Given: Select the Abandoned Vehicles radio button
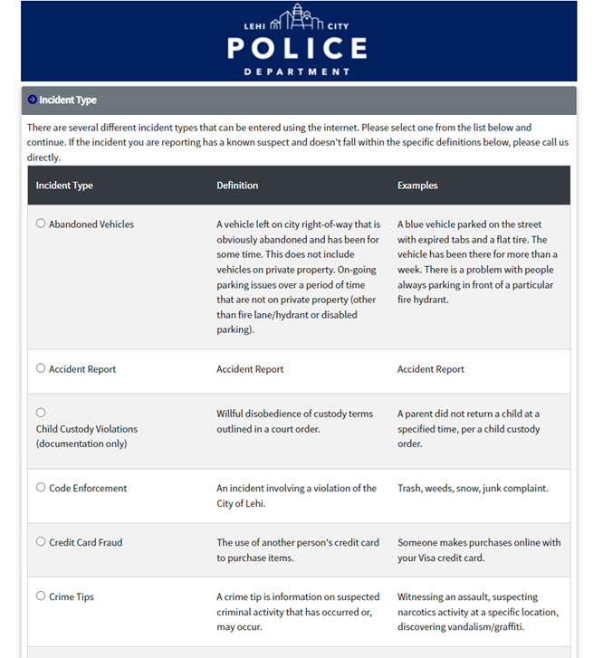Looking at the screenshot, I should click(x=41, y=224).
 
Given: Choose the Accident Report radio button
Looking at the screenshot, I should click(x=41, y=368).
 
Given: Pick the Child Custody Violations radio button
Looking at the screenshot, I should click(x=41, y=413).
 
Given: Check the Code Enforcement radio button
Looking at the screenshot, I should click(x=41, y=487).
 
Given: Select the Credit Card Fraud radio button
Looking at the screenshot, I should click(x=41, y=541).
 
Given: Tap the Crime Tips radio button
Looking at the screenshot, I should click(x=41, y=596).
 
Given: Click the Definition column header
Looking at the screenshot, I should click(x=237, y=186).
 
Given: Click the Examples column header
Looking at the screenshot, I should click(x=417, y=186).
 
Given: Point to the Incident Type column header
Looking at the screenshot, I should click(x=64, y=186).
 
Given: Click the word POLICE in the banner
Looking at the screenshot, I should click(x=298, y=49).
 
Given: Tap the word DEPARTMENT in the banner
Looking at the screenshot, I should click(x=298, y=72).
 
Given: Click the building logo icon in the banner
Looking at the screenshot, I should click(x=298, y=19).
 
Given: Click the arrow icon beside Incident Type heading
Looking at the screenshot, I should click(x=33, y=100).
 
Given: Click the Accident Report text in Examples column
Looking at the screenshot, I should click(x=431, y=369).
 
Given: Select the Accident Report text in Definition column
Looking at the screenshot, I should click(x=250, y=369).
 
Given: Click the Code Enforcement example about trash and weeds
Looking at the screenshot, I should click(x=473, y=488).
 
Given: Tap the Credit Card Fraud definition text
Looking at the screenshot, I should click(x=296, y=550).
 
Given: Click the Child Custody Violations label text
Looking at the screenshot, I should click(x=87, y=436).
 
